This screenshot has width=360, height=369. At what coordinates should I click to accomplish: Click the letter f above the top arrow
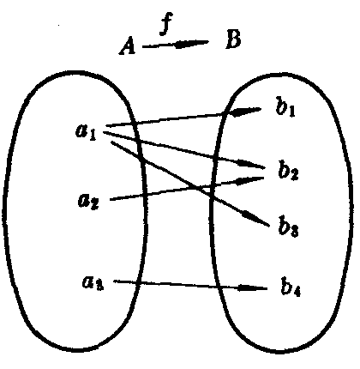click(x=166, y=25)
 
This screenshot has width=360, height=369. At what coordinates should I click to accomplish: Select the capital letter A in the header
click(x=128, y=47)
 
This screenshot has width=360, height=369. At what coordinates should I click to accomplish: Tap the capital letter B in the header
click(x=233, y=39)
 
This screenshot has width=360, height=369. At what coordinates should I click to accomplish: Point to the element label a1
click(x=86, y=132)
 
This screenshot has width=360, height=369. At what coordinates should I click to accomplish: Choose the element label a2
click(x=88, y=201)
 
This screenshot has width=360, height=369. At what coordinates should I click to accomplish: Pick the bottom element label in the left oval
click(x=93, y=282)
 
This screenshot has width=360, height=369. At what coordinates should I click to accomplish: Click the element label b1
click(x=285, y=108)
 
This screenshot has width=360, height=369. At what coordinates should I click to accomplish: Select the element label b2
click(x=289, y=171)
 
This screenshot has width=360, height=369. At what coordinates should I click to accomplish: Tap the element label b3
click(x=289, y=227)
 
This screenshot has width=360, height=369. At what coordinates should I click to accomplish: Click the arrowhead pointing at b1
click(x=245, y=112)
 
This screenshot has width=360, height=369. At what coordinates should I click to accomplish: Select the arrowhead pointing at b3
click(x=255, y=218)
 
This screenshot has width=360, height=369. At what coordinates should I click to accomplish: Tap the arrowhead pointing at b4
click(x=252, y=287)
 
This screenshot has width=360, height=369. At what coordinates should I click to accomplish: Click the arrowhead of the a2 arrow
click(x=249, y=180)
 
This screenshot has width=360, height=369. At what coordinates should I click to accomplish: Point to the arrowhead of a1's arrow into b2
click(x=251, y=164)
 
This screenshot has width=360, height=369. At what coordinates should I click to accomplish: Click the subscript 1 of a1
click(x=92, y=136)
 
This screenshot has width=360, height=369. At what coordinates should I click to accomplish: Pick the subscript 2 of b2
click(x=294, y=174)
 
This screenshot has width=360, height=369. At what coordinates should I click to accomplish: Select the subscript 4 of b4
click(x=296, y=292)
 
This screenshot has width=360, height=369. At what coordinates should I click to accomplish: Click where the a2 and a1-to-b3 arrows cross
click(x=199, y=188)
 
